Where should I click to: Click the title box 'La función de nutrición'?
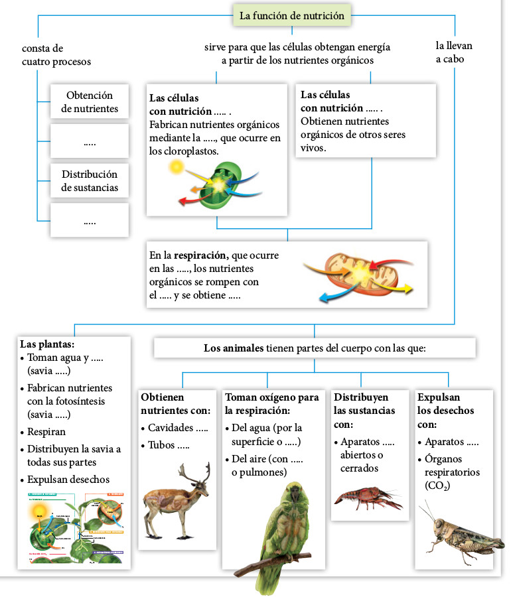click(x=291, y=16)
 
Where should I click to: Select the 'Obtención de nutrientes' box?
click(x=90, y=102)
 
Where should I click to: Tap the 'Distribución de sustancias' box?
click(x=90, y=180)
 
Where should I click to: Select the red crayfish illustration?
click(x=366, y=497)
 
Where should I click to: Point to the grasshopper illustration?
click(x=457, y=531)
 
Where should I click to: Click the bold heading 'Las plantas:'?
click(x=47, y=344)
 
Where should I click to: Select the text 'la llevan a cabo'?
click(x=454, y=52)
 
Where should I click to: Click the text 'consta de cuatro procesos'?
click(x=56, y=55)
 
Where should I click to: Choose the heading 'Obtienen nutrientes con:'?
click(x=175, y=403)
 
